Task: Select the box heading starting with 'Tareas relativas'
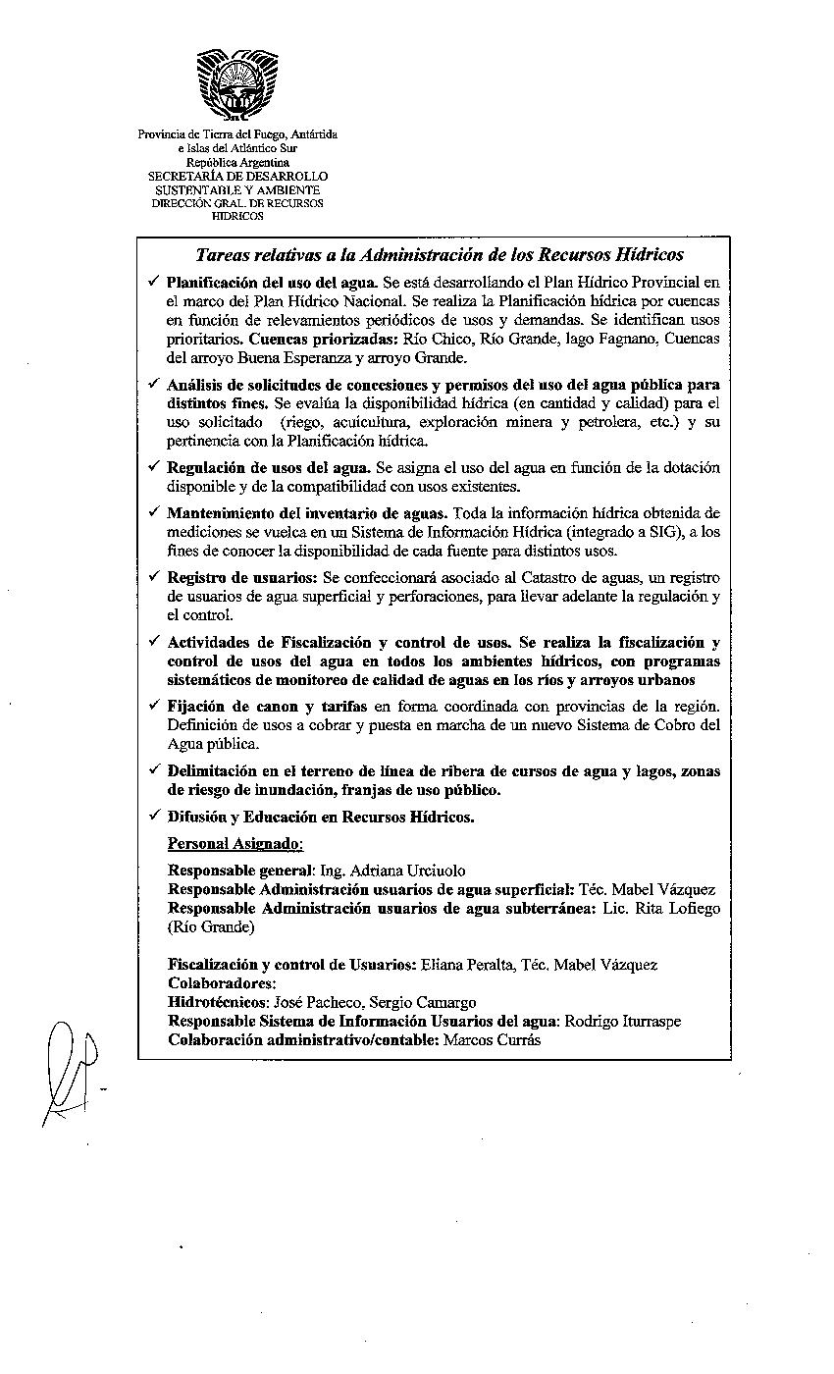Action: point(440,255)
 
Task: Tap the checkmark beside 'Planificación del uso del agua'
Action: point(153,282)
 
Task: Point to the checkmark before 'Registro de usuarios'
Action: point(153,577)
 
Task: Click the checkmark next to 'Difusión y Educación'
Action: point(153,816)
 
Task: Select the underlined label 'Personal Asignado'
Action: point(235,843)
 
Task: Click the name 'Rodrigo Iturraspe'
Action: point(624,1021)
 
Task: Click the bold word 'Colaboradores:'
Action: point(222,983)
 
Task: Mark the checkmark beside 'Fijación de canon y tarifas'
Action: point(153,706)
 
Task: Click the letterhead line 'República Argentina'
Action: point(237,162)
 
